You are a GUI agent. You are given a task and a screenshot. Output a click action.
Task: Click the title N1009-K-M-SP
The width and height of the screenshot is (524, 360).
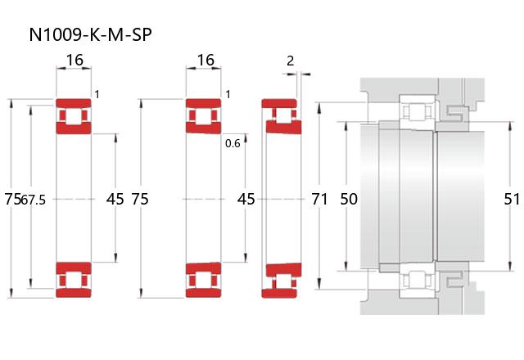[90, 34]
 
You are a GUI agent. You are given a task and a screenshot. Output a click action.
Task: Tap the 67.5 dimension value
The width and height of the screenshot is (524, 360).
[33, 200]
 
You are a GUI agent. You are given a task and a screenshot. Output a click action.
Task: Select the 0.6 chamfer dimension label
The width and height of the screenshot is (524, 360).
[233, 143]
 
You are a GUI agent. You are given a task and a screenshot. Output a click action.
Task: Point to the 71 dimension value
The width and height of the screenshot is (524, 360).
[319, 199]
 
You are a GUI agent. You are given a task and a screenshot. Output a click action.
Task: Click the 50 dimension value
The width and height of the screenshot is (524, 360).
[349, 199]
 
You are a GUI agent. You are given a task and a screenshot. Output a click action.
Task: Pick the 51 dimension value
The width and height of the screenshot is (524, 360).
[512, 199]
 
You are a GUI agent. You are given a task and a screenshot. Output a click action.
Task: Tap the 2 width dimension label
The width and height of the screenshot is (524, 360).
[291, 61]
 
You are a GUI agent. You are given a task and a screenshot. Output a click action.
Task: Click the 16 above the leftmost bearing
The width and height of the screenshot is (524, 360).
[75, 60]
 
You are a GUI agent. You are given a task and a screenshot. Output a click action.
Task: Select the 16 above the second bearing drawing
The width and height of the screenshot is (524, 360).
[206, 60]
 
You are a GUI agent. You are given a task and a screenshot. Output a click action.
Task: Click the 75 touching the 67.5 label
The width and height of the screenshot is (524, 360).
[13, 199]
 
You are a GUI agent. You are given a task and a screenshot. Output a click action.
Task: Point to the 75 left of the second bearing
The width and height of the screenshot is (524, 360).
[140, 199]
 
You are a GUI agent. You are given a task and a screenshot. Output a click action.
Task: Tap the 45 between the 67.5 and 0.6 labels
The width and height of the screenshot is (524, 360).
[115, 199]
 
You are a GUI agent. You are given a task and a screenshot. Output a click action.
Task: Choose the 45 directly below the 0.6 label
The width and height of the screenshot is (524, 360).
[246, 199]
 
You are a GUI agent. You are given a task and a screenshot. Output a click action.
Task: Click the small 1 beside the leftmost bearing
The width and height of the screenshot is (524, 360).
[97, 95]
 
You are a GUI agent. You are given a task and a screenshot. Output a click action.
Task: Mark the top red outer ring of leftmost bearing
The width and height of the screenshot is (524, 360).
[74, 103]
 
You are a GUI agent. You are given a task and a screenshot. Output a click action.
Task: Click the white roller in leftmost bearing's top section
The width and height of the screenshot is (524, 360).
[74, 116]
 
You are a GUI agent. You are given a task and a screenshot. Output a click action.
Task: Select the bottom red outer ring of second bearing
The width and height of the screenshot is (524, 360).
[204, 293]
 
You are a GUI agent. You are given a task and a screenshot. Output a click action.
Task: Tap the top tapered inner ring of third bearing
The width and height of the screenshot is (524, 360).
[284, 127]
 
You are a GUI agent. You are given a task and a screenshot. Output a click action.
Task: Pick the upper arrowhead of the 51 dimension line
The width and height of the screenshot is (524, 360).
[510, 126]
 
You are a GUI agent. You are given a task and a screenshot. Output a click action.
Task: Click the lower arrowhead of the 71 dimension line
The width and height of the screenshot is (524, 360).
[319, 284]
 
